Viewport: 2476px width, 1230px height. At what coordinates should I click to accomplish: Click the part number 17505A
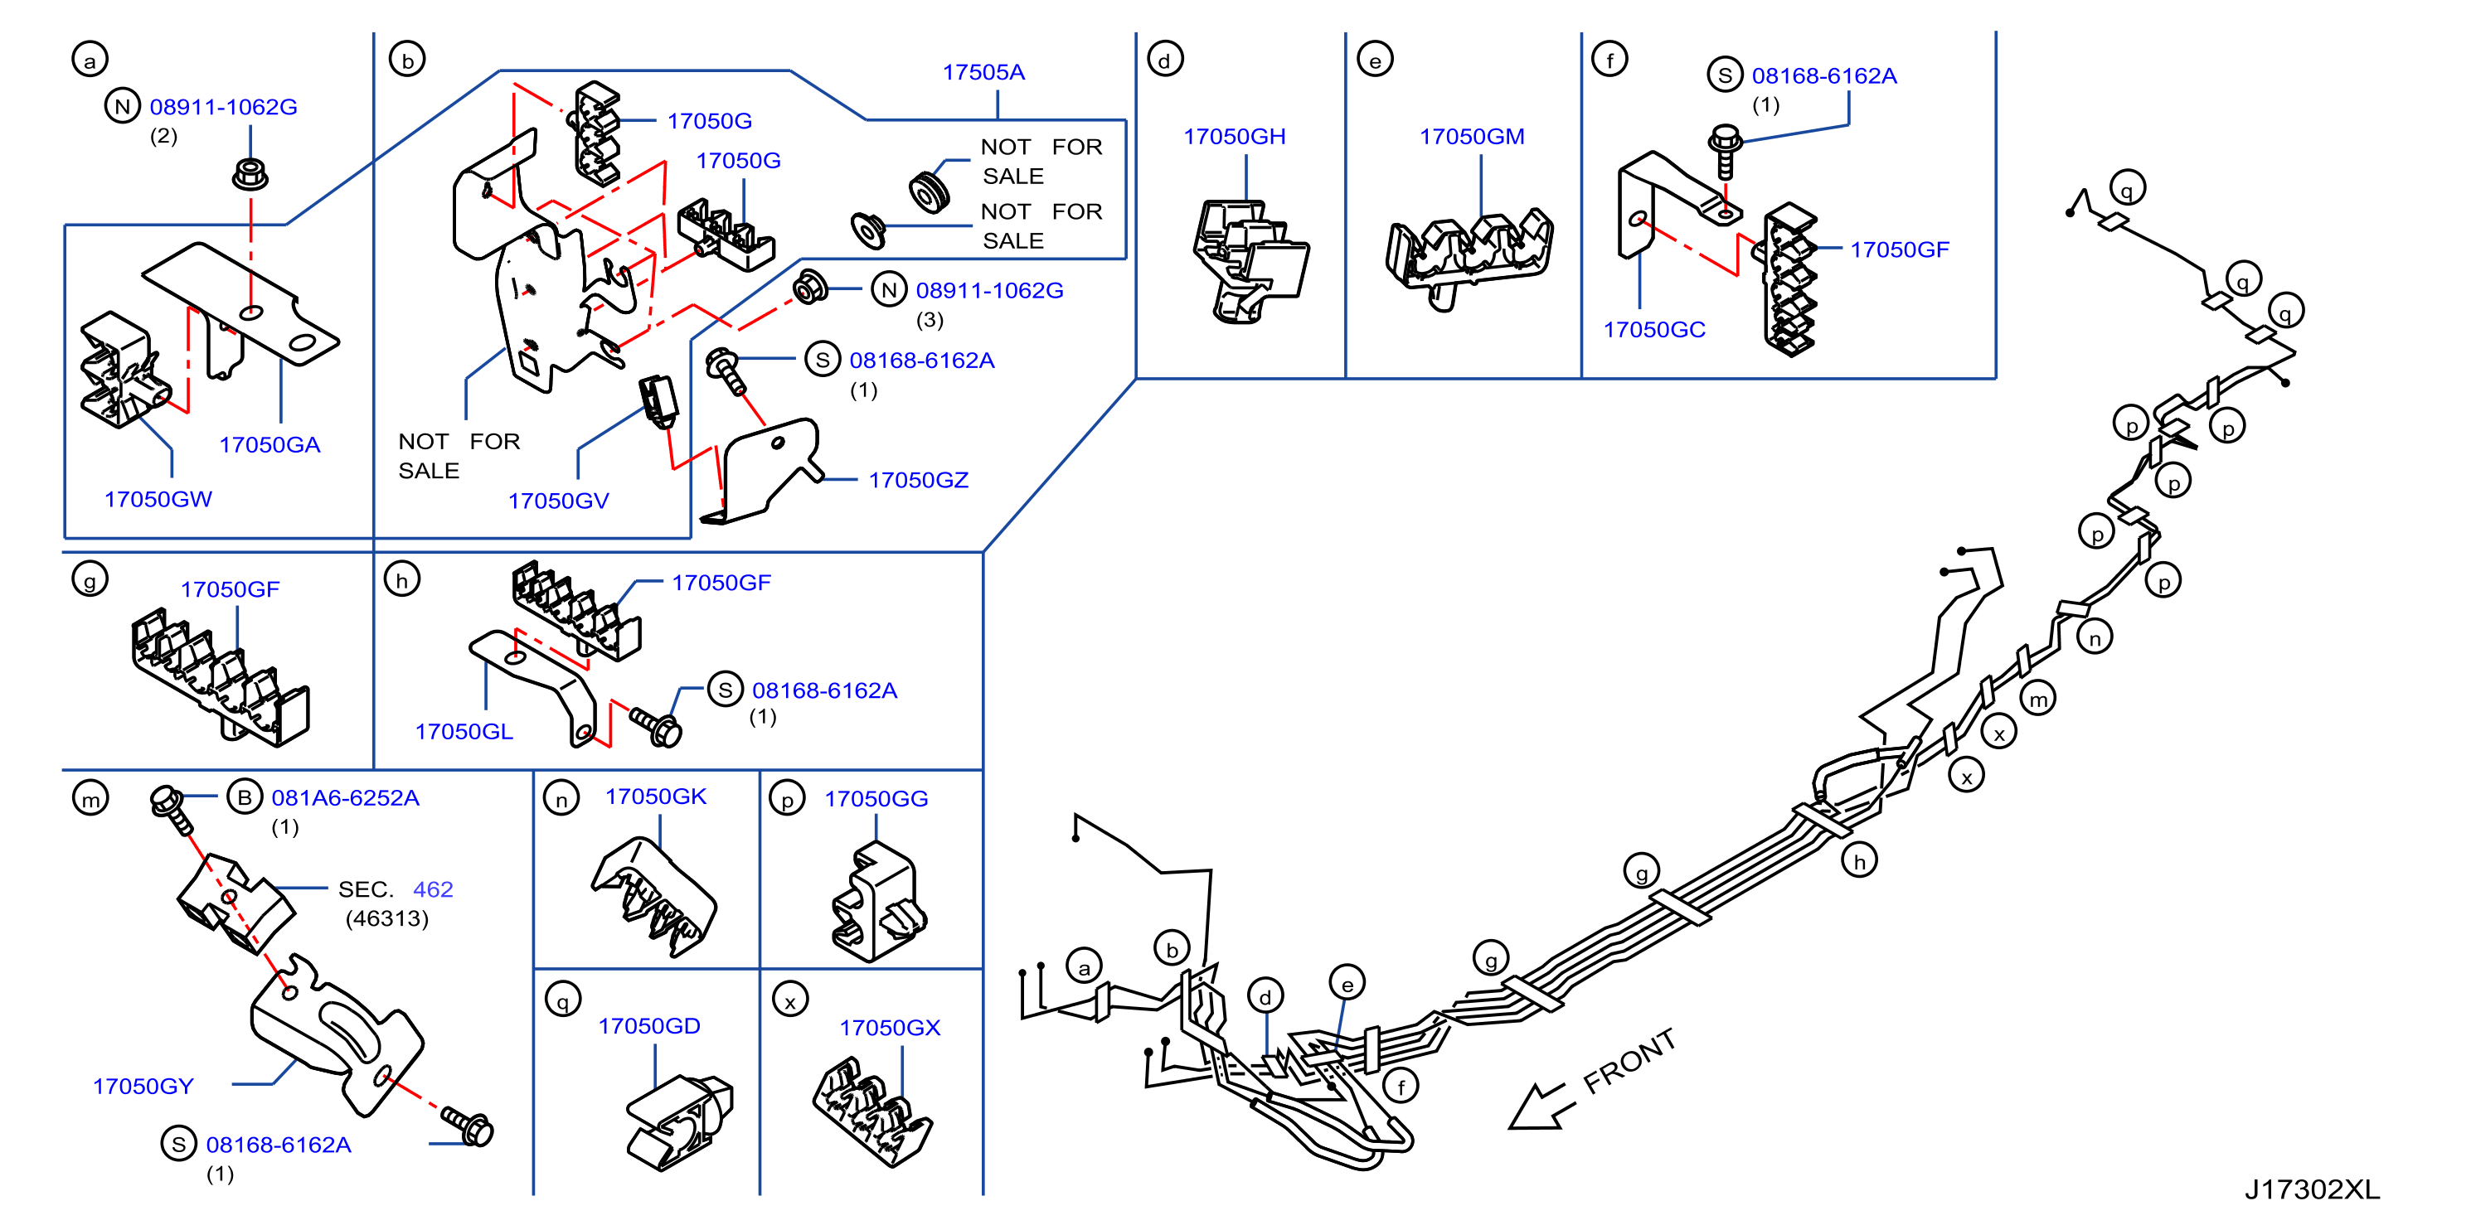point(983,72)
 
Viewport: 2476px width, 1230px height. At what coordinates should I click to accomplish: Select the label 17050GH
point(1234,137)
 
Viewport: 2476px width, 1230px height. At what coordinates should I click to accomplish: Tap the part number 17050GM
point(1472,137)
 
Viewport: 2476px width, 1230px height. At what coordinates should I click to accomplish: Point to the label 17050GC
point(1653,330)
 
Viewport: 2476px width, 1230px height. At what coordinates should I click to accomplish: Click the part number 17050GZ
point(918,481)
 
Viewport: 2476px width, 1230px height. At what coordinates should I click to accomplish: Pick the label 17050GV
point(557,501)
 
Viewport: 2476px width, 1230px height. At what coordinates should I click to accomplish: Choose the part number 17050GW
point(158,500)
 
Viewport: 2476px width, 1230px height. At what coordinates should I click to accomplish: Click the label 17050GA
point(269,445)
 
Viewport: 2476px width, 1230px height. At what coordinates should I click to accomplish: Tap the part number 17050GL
point(464,732)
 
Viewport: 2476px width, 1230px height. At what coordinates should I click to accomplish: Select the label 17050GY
point(143,1087)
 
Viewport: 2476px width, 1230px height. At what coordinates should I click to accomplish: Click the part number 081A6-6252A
point(345,798)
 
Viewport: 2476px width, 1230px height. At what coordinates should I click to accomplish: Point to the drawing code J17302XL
point(2312,1189)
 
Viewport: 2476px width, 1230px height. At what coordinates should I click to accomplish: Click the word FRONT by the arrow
point(1629,1061)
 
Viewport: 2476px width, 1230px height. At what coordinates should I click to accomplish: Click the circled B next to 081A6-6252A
point(244,797)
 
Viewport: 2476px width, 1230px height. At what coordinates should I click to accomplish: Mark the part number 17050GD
point(648,1026)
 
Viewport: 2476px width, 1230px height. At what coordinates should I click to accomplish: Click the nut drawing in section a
point(250,174)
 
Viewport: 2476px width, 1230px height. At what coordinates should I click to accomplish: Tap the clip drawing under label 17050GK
point(653,897)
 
